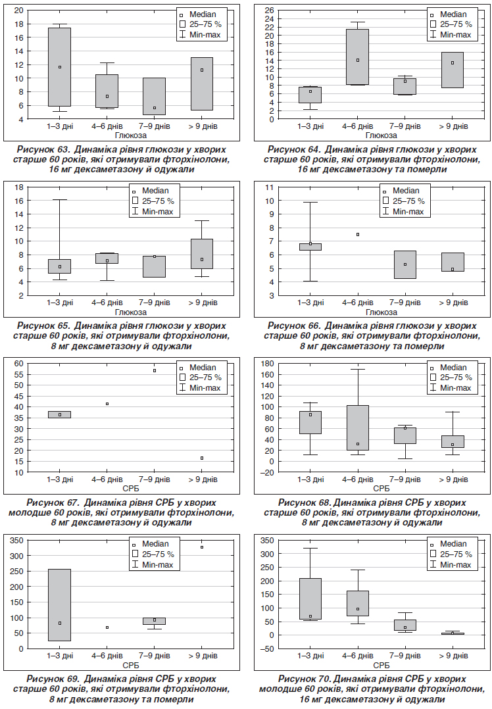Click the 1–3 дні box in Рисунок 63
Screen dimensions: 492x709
point(60,67)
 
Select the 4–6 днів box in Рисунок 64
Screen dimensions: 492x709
point(358,57)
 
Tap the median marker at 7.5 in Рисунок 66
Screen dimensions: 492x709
point(358,234)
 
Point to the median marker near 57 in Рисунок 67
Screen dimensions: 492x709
point(154,370)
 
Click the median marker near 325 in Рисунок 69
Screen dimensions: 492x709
point(202,547)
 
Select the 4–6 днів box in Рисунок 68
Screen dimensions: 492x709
point(358,428)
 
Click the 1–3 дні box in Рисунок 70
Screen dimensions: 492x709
point(310,599)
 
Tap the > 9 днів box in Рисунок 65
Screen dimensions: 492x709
point(202,254)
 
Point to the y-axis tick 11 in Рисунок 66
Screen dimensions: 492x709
point(269,187)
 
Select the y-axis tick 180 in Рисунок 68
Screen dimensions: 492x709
point(266,364)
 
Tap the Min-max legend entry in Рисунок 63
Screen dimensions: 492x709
point(199,34)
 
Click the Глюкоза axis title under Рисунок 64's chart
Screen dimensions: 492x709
point(381,135)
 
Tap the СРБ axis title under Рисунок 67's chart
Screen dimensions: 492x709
point(131,488)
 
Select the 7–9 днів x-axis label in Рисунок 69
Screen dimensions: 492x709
point(154,656)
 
